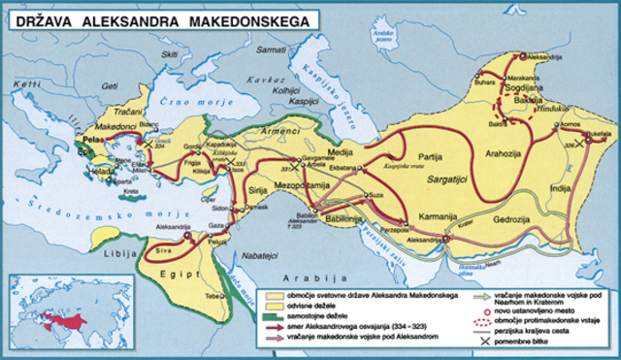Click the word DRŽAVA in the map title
(x=52, y=17)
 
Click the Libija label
(x=119, y=255)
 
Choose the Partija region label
(x=428, y=156)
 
